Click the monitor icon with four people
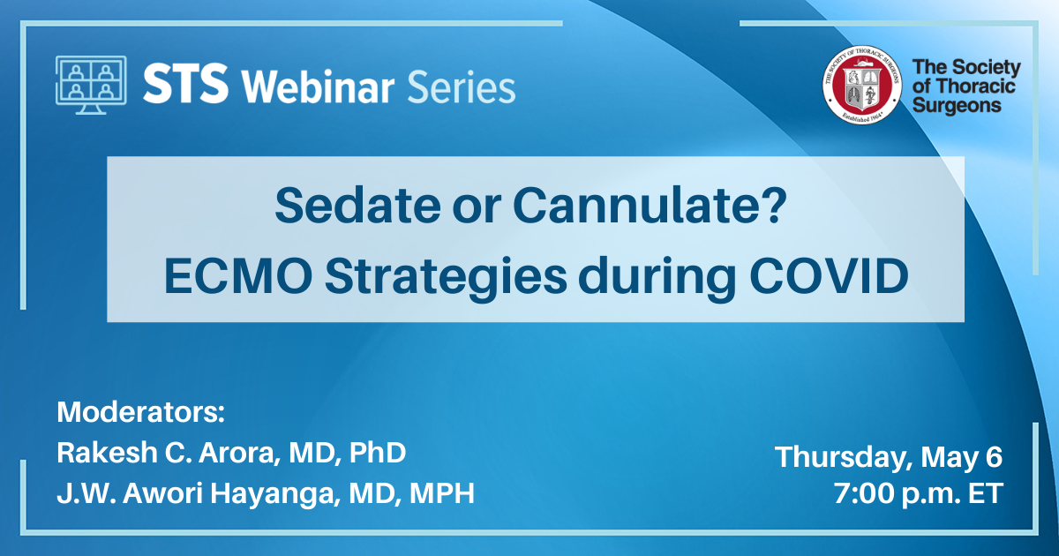click(x=91, y=85)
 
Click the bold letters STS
click(x=186, y=84)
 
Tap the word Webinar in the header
click(x=318, y=86)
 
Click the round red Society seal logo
click(x=862, y=85)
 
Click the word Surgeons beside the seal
click(x=957, y=106)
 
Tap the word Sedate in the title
click(x=357, y=206)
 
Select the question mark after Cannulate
click(x=776, y=205)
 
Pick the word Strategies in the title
click(x=446, y=279)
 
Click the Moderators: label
click(x=140, y=412)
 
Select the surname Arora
click(x=237, y=453)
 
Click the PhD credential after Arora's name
click(x=378, y=453)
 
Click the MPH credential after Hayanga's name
click(x=442, y=493)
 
